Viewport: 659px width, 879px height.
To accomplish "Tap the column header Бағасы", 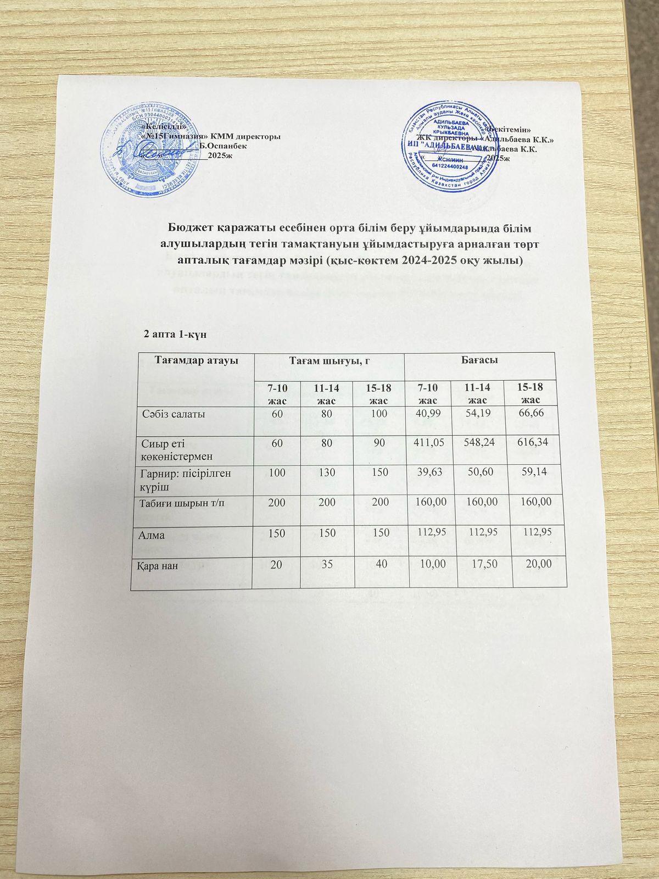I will (479, 361).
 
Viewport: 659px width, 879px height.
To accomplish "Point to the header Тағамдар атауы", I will (190, 361).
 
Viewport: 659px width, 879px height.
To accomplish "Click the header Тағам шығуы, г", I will (328, 361).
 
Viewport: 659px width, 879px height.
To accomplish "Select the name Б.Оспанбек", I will (224, 146).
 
